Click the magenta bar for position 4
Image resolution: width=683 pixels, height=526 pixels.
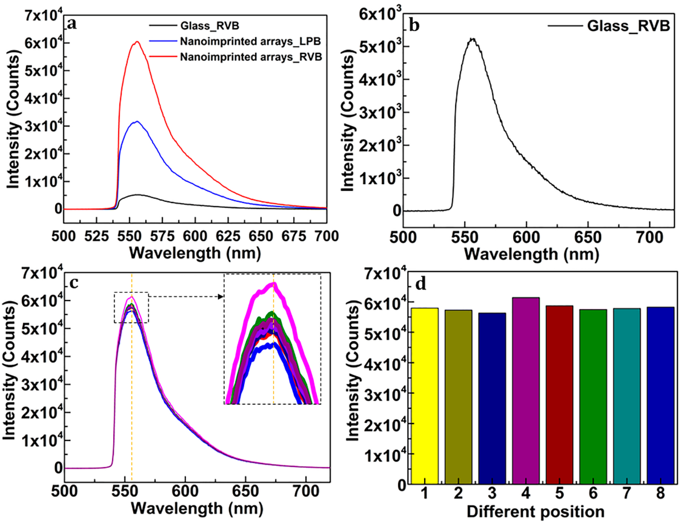[526, 391]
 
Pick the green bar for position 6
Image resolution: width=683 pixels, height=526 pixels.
[593, 397]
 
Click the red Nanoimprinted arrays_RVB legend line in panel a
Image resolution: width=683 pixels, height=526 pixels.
[163, 57]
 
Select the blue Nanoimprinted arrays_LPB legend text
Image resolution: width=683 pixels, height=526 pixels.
[250, 41]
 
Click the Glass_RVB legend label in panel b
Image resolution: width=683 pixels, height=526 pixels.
[628, 26]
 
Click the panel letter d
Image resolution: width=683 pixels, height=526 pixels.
[421, 283]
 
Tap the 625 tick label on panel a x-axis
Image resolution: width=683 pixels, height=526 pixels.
[228, 236]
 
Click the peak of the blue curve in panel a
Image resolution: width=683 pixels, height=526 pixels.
[137, 122]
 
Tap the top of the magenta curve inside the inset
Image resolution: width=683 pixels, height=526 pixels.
[273, 283]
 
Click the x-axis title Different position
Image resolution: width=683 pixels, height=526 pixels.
[535, 512]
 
